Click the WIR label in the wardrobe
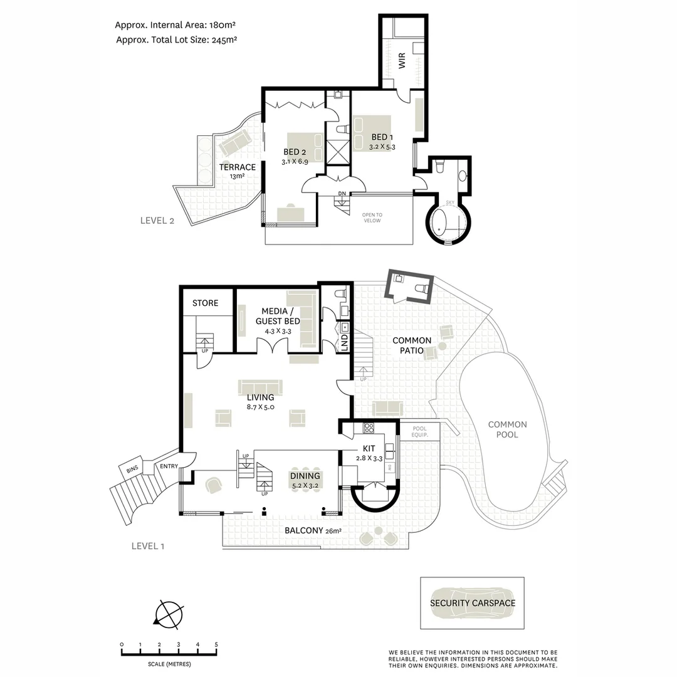402,61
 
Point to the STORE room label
205,303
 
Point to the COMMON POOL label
507,429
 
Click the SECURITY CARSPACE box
472,603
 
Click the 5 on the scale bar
216,644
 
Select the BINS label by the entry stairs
132,469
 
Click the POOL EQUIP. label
419,431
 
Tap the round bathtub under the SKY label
446,224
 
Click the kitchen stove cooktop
369,429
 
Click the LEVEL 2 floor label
157,220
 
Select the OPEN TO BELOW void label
372,218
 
